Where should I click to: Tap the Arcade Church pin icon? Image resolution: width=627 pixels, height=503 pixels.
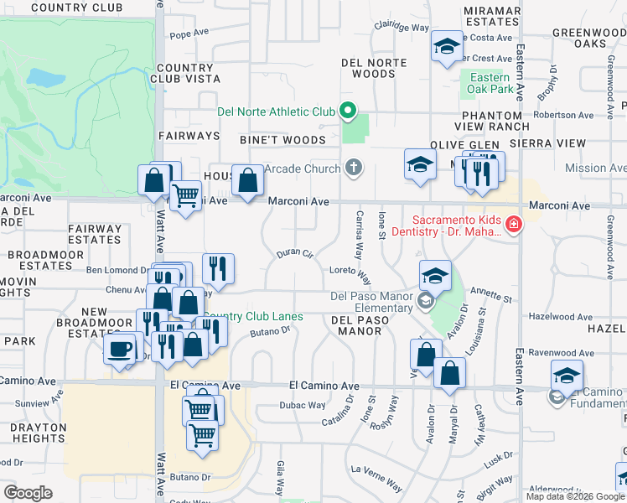[354, 169]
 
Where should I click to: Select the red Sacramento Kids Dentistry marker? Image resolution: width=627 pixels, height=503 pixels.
[512, 225]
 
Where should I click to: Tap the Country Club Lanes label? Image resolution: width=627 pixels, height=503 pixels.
[252, 317]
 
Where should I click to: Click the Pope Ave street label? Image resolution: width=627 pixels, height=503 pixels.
[188, 35]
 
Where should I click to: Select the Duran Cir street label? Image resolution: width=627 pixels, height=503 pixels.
[294, 252]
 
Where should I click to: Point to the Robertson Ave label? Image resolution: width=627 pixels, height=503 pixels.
[563, 115]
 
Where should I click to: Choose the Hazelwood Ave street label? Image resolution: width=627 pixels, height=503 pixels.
[561, 317]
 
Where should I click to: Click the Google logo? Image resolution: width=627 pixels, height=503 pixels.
[28, 493]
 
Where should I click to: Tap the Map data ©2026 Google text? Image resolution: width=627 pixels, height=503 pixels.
[575, 496]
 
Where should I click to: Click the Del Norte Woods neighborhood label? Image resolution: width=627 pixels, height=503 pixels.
[374, 68]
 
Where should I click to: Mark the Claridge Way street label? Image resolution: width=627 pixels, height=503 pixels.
[402, 27]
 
